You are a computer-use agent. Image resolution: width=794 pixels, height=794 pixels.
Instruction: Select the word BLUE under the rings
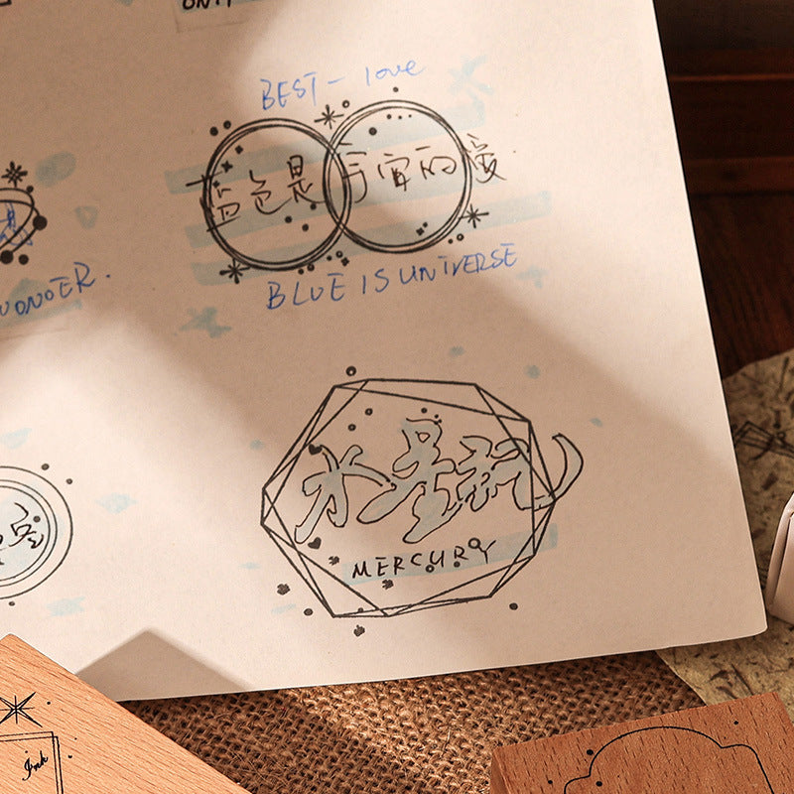pos(306,291)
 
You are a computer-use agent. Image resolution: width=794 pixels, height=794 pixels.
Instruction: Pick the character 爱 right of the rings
pos(485,164)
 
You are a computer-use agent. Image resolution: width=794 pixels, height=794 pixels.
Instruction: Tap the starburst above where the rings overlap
pos(329,116)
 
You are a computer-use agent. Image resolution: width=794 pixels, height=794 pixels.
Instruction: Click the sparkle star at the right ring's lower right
pos(474,214)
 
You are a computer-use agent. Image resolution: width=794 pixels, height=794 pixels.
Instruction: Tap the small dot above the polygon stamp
pos(349,371)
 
